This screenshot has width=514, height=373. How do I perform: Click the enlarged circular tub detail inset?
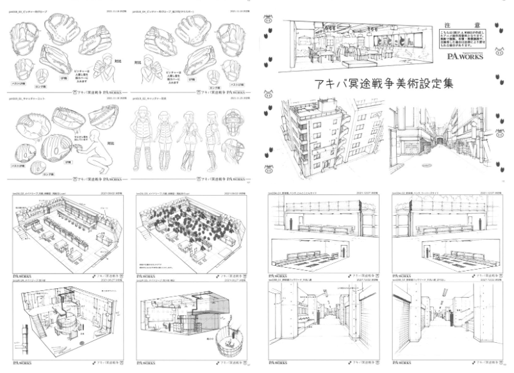(224, 347)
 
